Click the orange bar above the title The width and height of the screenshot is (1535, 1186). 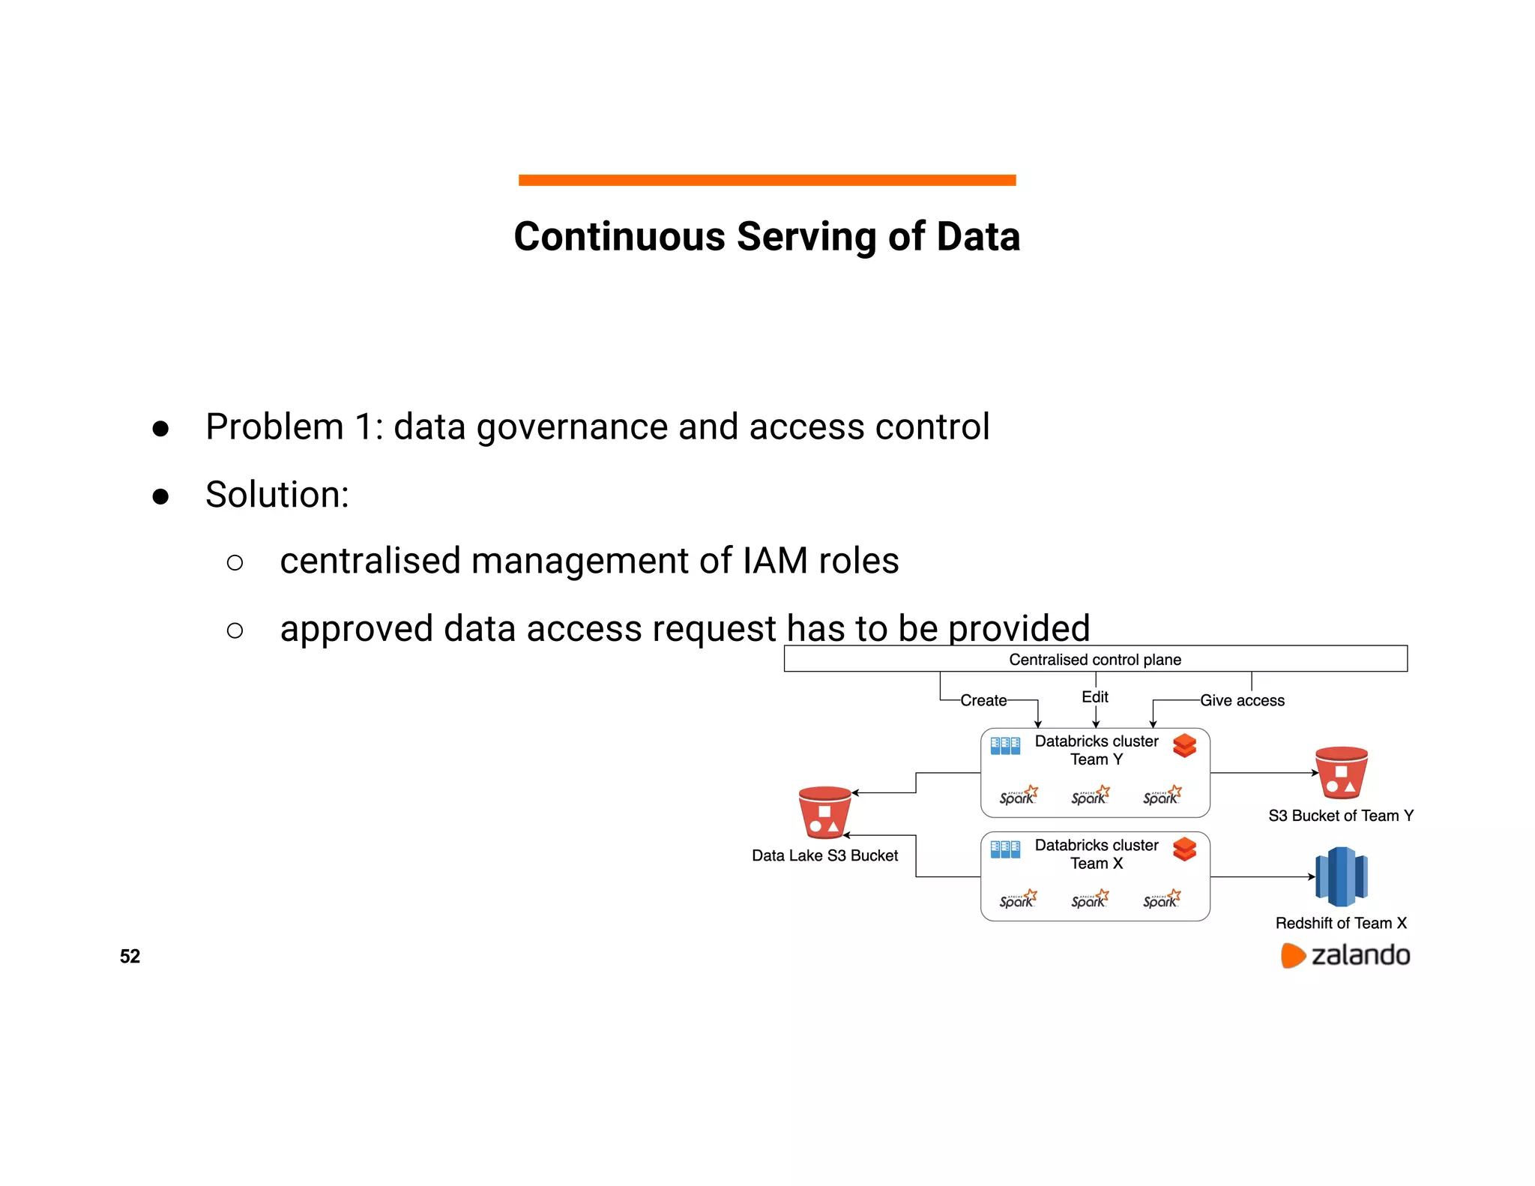(x=767, y=180)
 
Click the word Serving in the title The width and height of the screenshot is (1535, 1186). (x=806, y=237)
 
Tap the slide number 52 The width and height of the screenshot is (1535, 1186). (x=130, y=956)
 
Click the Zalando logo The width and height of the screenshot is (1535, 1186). (x=1345, y=955)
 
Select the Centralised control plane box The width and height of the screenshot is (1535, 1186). (x=1095, y=659)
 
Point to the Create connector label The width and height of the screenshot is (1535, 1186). (x=983, y=700)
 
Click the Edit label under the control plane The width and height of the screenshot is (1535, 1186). (x=1094, y=696)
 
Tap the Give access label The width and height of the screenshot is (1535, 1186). (x=1242, y=700)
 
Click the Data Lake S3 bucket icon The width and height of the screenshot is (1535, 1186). (x=824, y=813)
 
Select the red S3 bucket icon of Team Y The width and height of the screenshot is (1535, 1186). (x=1341, y=773)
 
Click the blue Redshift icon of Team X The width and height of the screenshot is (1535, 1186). (x=1341, y=876)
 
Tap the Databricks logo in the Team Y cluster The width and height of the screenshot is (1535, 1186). (x=1184, y=746)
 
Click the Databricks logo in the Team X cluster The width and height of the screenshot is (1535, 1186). (x=1184, y=849)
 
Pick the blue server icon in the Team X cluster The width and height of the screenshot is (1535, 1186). (x=1005, y=849)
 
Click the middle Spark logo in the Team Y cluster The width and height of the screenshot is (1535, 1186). (x=1090, y=795)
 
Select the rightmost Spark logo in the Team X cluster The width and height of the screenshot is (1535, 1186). (x=1162, y=899)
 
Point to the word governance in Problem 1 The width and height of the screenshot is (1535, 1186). (x=572, y=427)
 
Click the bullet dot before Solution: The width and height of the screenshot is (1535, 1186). (x=160, y=496)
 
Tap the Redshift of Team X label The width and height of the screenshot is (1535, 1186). (x=1341, y=923)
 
